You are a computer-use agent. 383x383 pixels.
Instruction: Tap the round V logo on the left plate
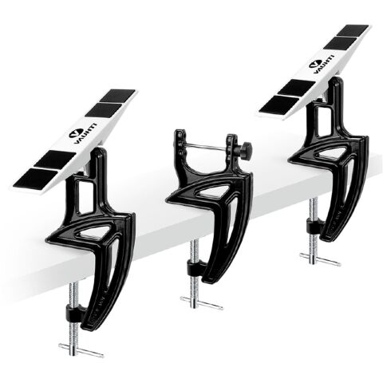click(x=74, y=133)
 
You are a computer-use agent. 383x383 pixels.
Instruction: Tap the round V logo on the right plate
click(x=314, y=64)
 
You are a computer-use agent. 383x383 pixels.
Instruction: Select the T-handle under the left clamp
click(x=81, y=350)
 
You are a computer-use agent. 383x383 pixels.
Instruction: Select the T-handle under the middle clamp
click(x=201, y=303)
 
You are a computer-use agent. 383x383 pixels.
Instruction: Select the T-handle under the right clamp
click(x=320, y=259)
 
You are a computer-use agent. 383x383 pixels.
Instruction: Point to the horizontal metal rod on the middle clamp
click(x=205, y=146)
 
